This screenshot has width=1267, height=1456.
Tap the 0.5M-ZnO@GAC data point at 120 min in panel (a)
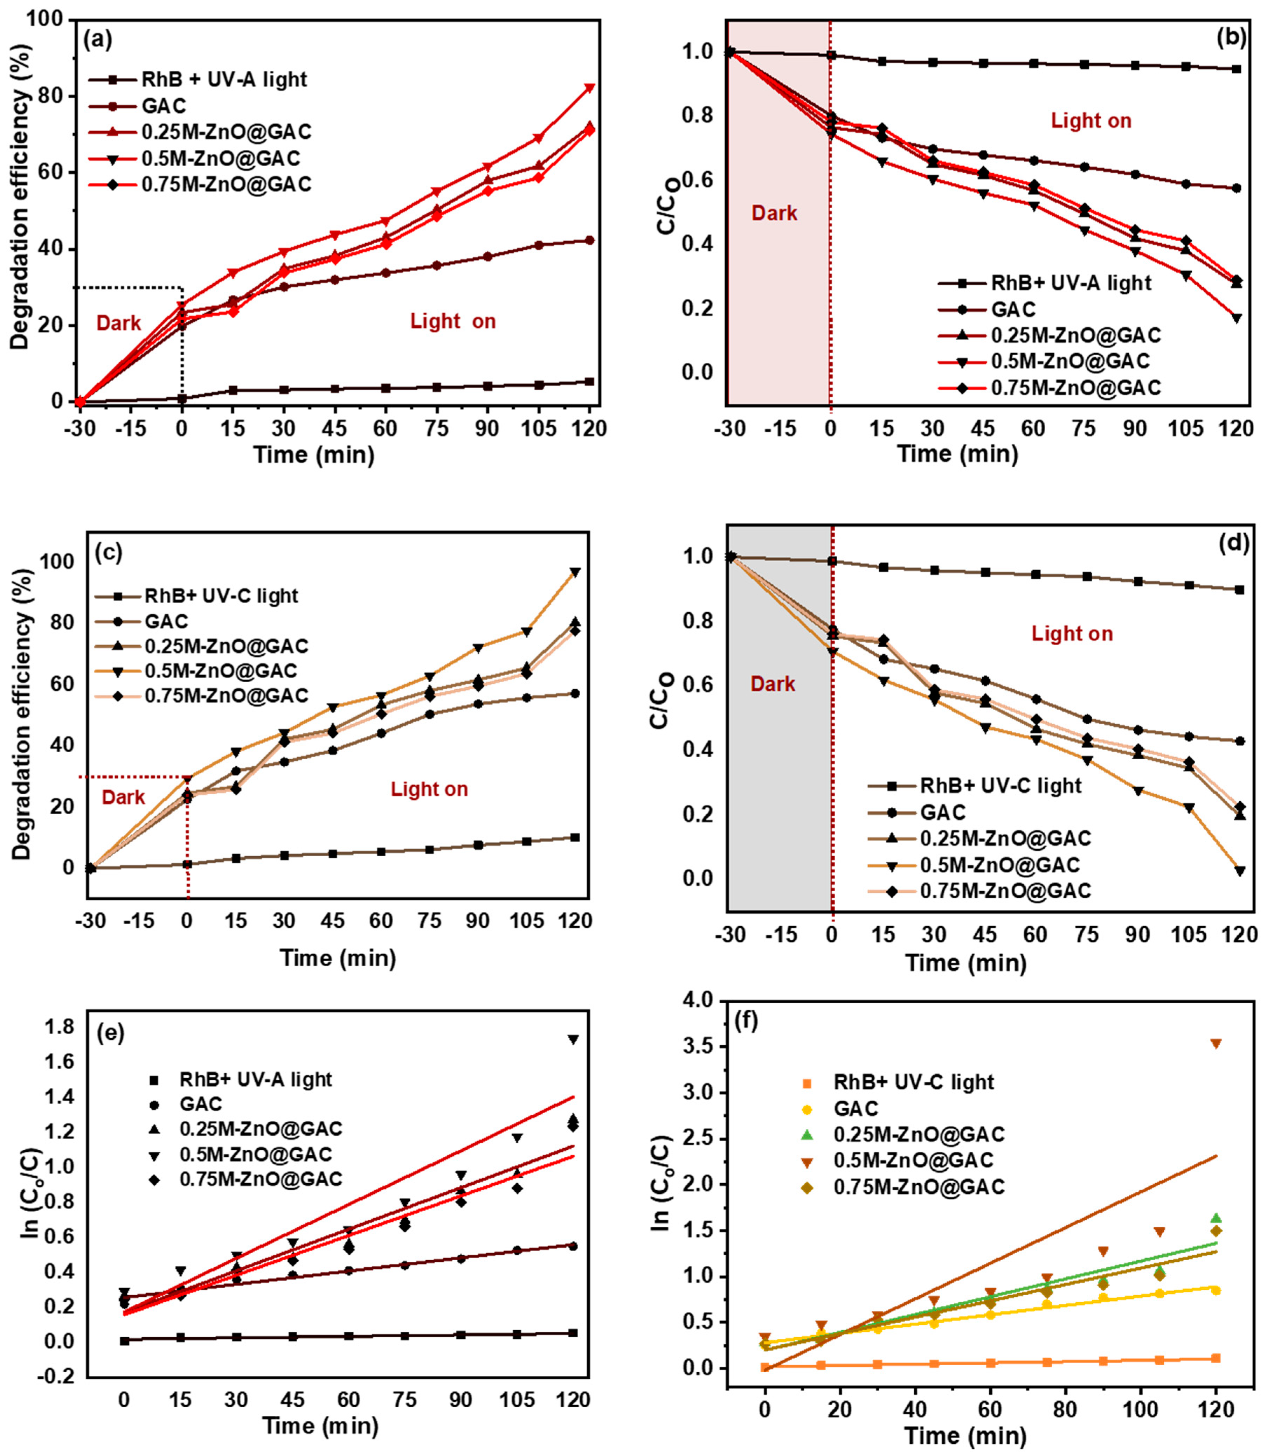(588, 88)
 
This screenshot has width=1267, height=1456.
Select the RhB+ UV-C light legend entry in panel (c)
(221, 596)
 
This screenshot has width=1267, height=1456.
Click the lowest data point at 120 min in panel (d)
(1239, 871)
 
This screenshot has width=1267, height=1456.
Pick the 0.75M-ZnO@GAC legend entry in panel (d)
(1005, 891)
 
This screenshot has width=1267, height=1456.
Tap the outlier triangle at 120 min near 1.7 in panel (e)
(573, 1040)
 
